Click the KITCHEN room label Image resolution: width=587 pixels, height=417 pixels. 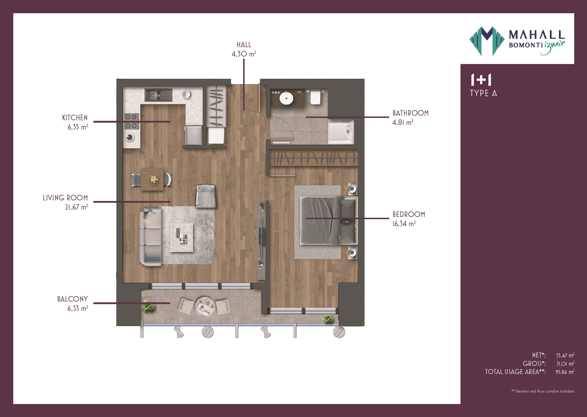75,118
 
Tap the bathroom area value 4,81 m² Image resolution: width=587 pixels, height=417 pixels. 403,122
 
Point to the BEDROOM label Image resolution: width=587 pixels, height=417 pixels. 408,214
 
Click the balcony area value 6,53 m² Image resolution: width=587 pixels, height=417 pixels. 78,308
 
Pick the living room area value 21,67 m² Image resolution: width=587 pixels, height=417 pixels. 76,207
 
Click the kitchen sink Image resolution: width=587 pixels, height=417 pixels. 158,95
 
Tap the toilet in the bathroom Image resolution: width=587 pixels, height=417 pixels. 315,97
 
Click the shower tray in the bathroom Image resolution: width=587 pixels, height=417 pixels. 341,131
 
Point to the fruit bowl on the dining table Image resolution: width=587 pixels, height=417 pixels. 154,179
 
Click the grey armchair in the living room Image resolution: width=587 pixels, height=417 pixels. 205,196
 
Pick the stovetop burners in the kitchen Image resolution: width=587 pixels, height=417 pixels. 132,121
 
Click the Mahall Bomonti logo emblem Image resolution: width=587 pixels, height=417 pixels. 487,41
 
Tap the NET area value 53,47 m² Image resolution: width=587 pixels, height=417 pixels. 565,355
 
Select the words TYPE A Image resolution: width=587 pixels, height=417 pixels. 483,93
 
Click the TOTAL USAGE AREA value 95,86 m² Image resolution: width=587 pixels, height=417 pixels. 565,372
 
